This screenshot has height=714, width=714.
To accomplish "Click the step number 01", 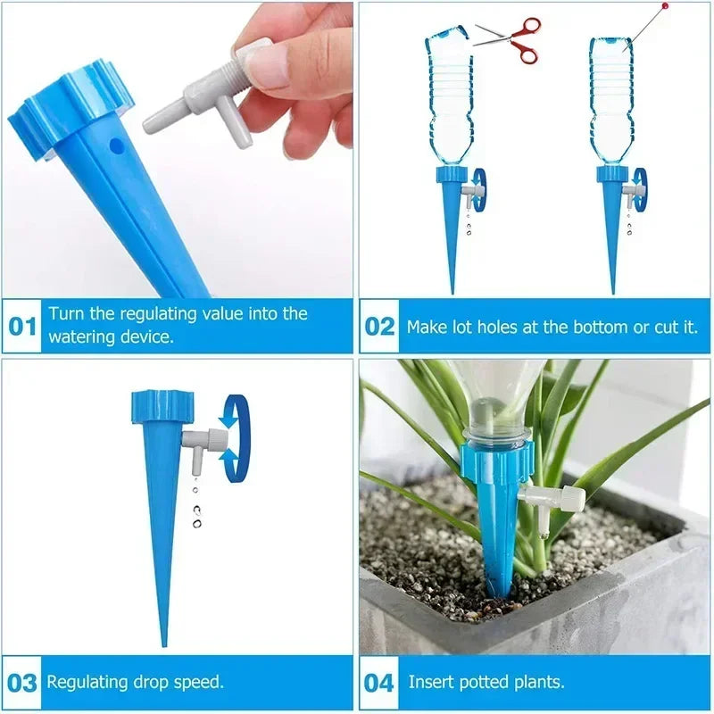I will coord(22,326).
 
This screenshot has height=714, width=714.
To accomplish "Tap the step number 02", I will coord(379,326).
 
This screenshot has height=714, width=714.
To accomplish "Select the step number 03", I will coord(22,683).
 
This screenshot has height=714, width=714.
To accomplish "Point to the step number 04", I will coord(379,683).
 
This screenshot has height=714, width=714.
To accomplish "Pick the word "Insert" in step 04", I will coord(432,683).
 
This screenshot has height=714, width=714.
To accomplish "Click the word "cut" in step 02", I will coord(666,327).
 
